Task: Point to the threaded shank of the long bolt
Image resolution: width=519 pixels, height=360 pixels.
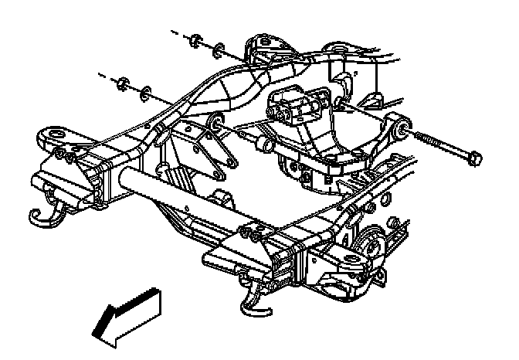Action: coord(441,148)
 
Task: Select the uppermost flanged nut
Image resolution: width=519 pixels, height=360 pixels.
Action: coord(197,40)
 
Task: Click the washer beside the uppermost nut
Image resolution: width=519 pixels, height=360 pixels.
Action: coord(219,49)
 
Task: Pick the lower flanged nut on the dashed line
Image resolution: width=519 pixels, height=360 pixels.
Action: coord(120,81)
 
